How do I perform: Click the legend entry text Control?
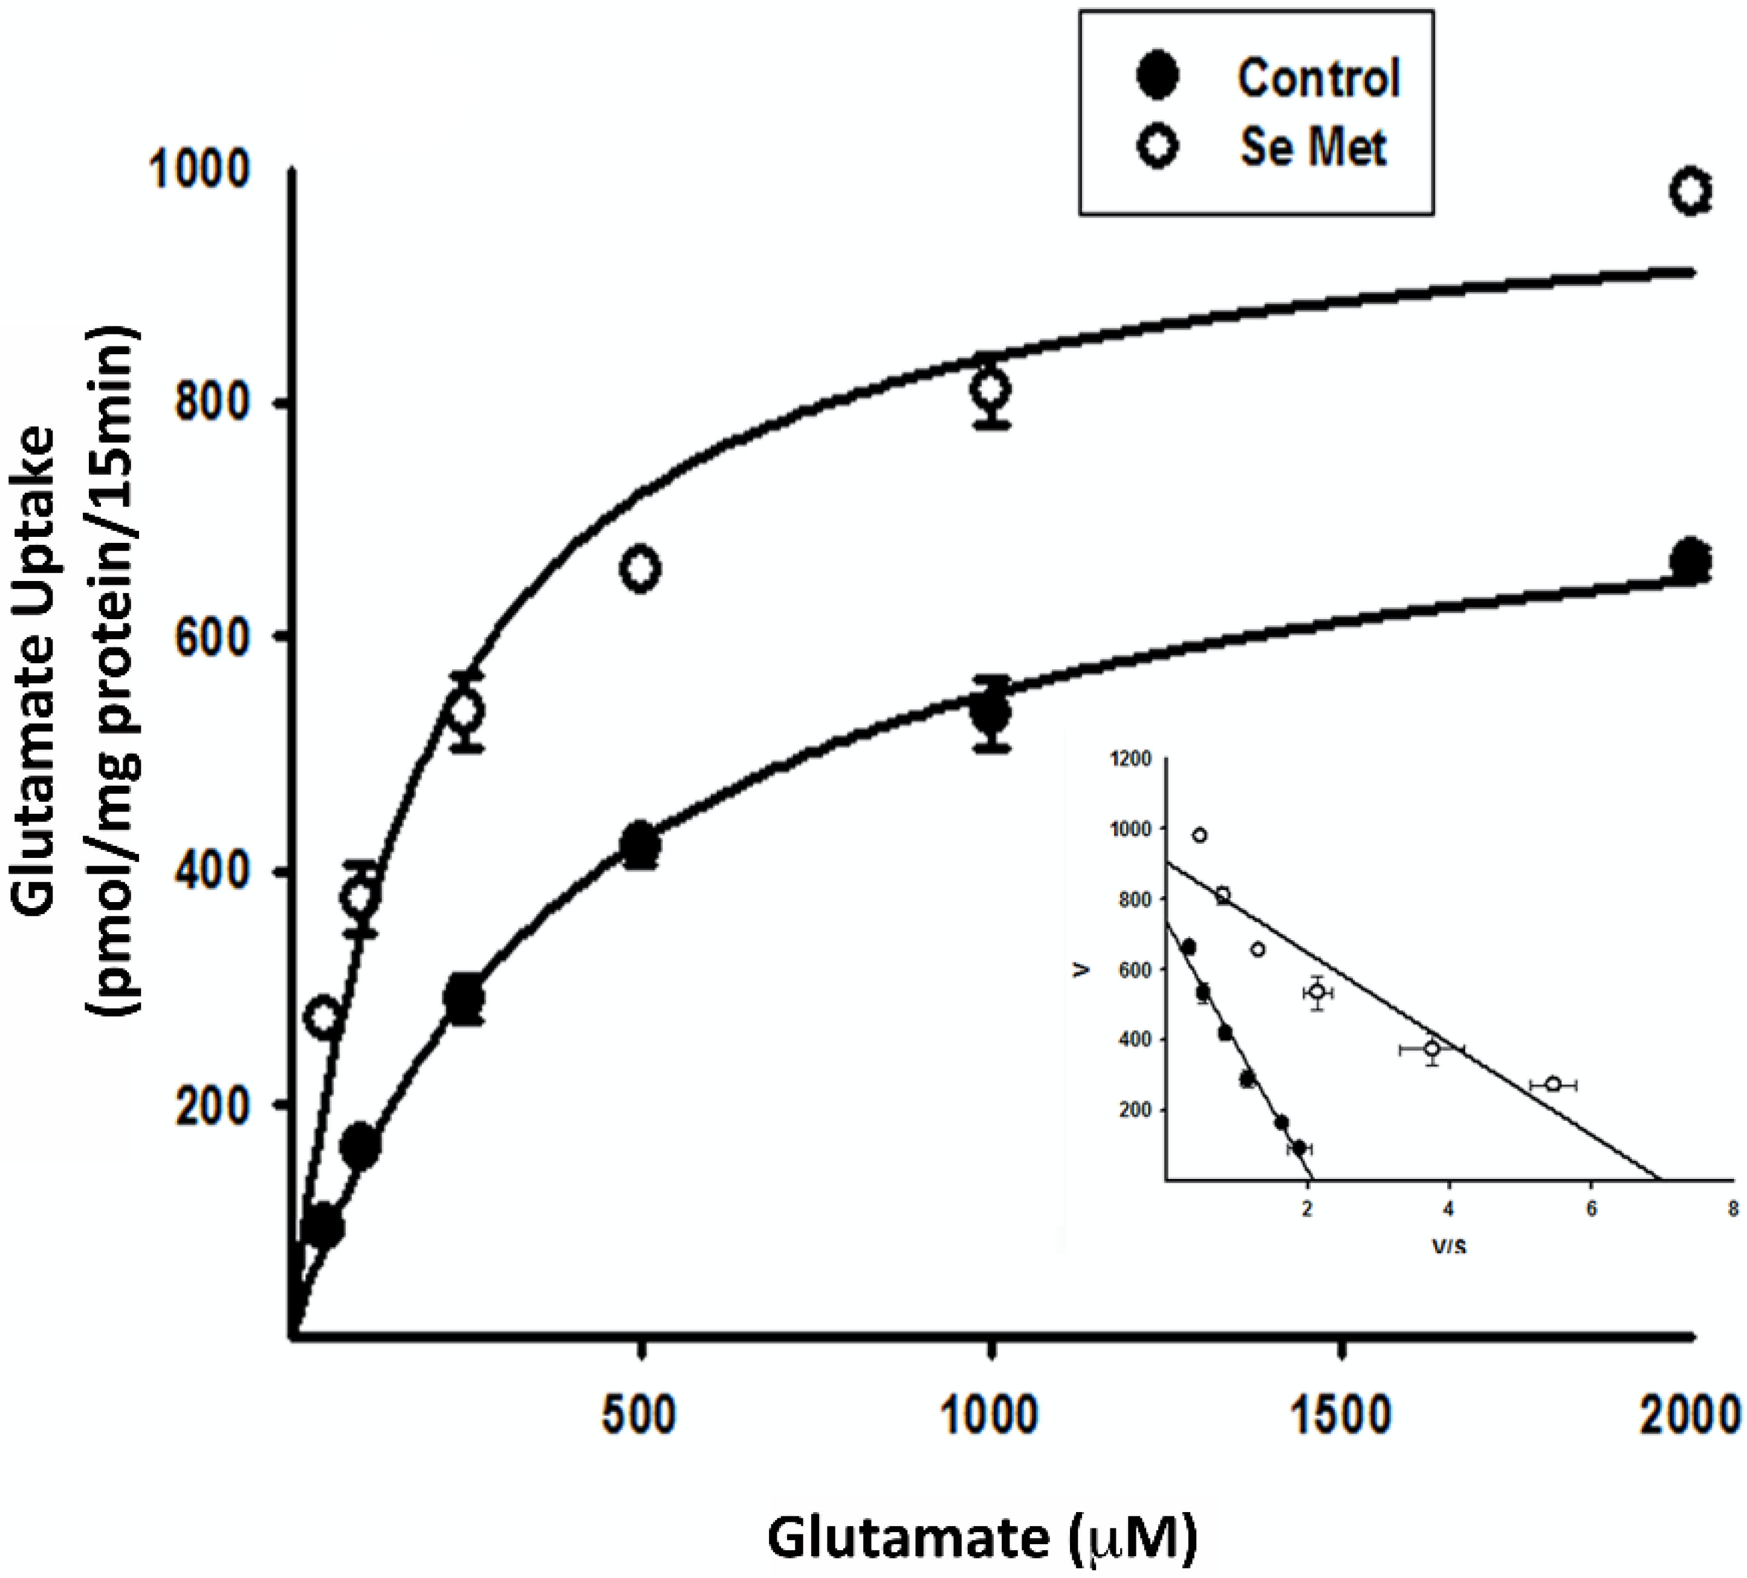pyautogui.click(x=1317, y=78)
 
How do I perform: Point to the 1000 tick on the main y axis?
pyautogui.click(x=200, y=169)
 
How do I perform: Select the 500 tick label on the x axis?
pyautogui.click(x=640, y=1416)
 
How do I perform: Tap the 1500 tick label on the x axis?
pyautogui.click(x=1341, y=1416)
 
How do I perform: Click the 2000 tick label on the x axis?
pyautogui.click(x=1690, y=1416)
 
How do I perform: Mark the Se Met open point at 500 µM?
pyautogui.click(x=640, y=570)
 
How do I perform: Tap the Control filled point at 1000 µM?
pyautogui.click(x=991, y=714)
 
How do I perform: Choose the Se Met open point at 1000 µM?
pyautogui.click(x=991, y=389)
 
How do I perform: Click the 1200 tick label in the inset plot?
pyautogui.click(x=1130, y=759)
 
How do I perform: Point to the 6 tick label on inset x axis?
pyautogui.click(x=1591, y=1210)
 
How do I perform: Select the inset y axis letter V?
pyautogui.click(x=1079, y=970)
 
